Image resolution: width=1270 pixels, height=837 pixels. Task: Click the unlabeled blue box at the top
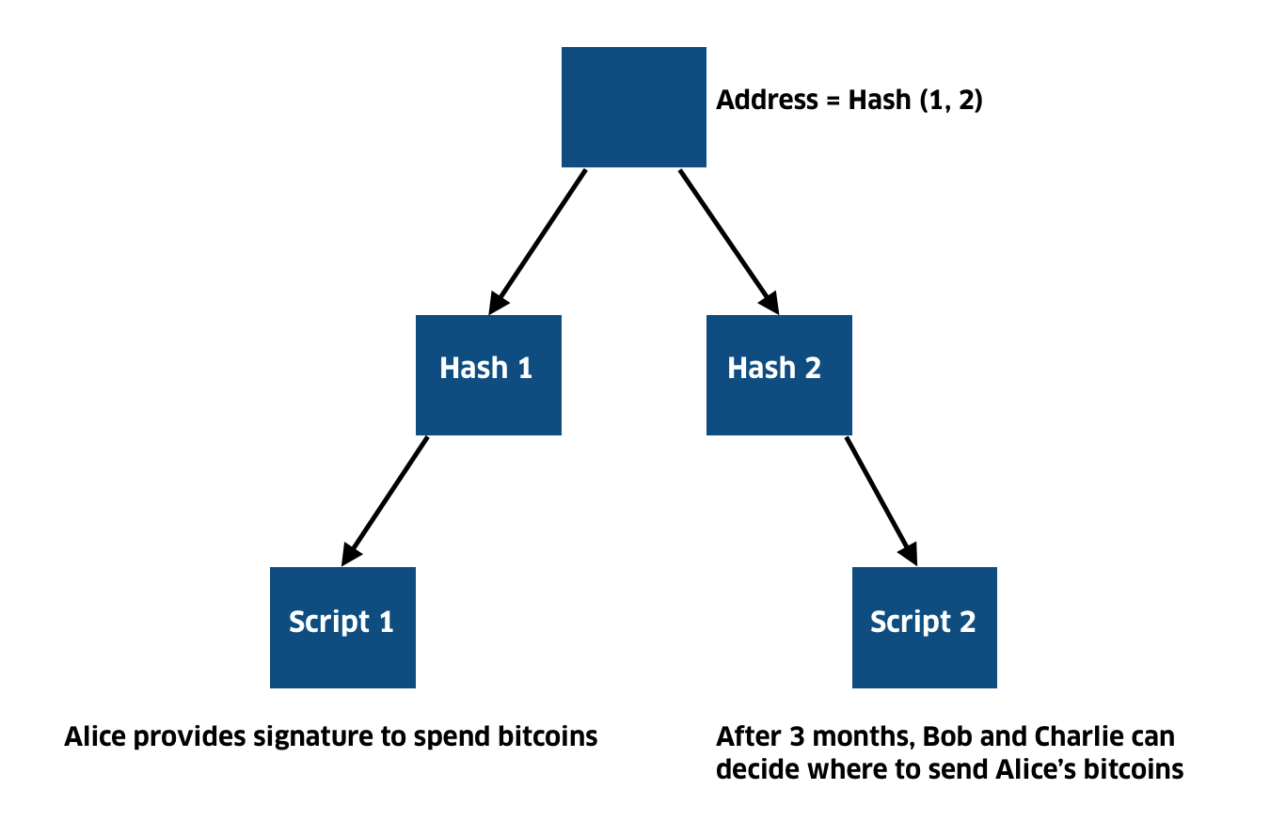click(633, 107)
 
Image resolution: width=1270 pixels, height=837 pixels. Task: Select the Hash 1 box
click(488, 374)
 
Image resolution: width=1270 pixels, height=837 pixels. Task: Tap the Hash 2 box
click(779, 374)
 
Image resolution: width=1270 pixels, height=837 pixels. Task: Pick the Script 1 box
click(342, 627)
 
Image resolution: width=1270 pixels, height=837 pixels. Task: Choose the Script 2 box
click(924, 627)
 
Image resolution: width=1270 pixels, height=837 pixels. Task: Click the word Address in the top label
click(767, 101)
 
